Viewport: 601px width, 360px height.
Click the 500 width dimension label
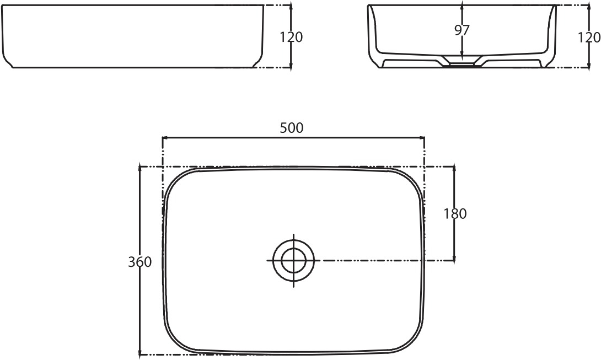tap(291, 128)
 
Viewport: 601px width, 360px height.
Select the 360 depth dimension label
tap(139, 262)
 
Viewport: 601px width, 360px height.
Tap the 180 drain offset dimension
tap(455, 213)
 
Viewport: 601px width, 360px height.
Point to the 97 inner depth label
tap(462, 30)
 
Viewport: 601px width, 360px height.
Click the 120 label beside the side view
tap(291, 37)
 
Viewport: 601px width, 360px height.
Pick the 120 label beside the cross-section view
tap(589, 37)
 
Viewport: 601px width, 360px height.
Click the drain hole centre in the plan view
tap(293, 260)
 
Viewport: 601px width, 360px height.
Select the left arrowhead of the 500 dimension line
tap(165, 137)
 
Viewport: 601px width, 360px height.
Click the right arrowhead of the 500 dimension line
tap(422, 137)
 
